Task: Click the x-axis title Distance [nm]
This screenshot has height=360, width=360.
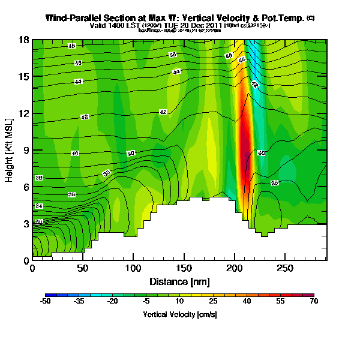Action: click(x=179, y=281)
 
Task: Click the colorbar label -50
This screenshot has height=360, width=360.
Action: click(x=45, y=302)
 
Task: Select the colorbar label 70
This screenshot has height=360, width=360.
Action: click(x=313, y=302)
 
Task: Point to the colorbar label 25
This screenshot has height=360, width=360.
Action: click(x=213, y=302)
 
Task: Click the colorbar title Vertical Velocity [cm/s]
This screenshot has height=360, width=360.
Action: click(x=179, y=314)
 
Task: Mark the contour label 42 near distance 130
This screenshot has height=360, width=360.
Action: click(x=163, y=112)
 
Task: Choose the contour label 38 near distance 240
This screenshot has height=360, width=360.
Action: click(x=274, y=182)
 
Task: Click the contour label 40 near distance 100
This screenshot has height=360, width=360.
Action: click(x=131, y=154)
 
